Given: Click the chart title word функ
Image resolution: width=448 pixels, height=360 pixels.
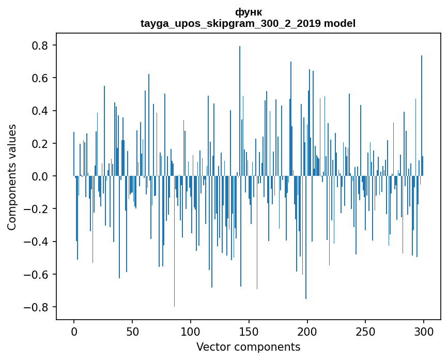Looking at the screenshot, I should pos(248,12).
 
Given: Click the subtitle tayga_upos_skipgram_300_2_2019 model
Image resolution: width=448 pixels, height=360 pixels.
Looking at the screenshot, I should pos(248,23).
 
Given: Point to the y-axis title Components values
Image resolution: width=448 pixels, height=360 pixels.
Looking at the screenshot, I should pos(12,177).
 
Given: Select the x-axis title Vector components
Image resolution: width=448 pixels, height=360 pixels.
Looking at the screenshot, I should pos(248,347).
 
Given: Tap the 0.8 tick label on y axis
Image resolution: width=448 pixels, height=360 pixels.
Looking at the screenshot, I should pos(40,46).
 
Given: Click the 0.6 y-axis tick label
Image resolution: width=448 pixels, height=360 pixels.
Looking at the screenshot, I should pos(40,78).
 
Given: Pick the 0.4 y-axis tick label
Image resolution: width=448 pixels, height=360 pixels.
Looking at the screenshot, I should pos(40,111).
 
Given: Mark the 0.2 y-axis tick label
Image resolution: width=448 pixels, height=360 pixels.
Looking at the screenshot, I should pos(40,144).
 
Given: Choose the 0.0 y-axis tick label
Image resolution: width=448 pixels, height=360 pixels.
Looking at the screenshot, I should pos(40,176).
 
